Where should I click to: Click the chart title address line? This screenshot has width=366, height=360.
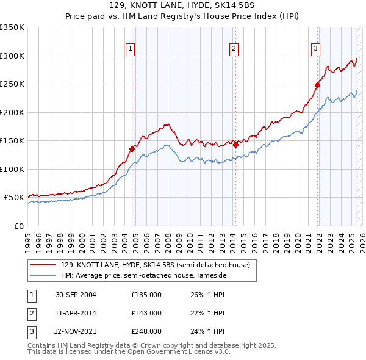pos(183,5)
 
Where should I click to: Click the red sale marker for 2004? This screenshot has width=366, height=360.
pos(132,148)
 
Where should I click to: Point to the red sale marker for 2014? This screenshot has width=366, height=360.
pos(235,145)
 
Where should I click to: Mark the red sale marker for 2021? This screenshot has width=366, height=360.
pos(318,85)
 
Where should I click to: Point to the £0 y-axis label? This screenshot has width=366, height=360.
pos(18,226)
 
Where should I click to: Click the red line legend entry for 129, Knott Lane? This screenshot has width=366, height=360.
pos(155,265)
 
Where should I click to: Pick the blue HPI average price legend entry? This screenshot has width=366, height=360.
pos(143,276)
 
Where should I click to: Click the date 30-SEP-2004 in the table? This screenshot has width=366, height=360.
pos(76,295)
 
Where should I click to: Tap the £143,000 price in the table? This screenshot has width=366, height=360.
pos(146,313)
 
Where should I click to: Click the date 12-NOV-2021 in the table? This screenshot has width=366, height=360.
pos(76,331)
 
